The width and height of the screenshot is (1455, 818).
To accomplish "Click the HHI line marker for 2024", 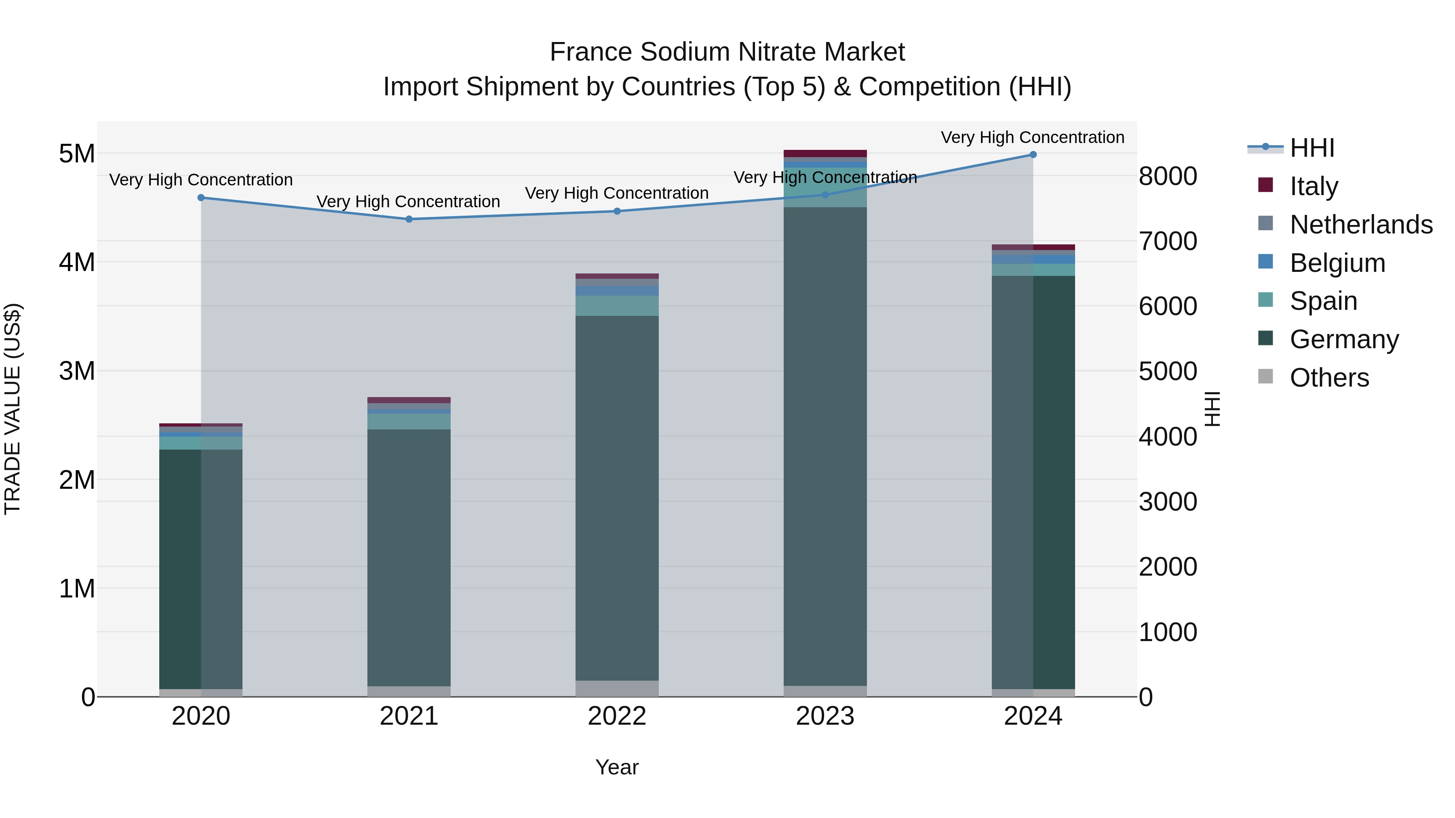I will coord(1033,155).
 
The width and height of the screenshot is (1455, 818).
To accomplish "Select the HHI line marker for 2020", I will coord(201,198).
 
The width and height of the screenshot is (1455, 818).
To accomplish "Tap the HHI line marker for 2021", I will coord(409,219).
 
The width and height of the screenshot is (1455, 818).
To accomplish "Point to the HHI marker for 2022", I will coord(617,211).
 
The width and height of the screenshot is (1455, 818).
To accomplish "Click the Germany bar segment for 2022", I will coord(617,497).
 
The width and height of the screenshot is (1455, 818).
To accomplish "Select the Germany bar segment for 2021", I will coord(409,556).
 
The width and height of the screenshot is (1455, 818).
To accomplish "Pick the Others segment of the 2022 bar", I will coord(617,688).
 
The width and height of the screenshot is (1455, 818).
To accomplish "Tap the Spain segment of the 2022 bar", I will coord(617,305).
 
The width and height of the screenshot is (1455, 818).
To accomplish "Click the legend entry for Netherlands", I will coord(1361,225).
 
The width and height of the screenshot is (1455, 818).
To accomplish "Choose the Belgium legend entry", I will coord(1337,263).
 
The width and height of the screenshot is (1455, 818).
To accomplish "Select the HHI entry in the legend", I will coord(1312,148).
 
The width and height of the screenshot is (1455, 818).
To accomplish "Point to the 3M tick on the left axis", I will coord(77,371).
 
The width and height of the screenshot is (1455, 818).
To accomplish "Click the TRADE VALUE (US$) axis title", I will coord(13,409).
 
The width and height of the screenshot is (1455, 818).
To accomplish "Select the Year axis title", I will coord(617,767).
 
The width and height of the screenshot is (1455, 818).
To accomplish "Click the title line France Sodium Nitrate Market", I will coord(727,52).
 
